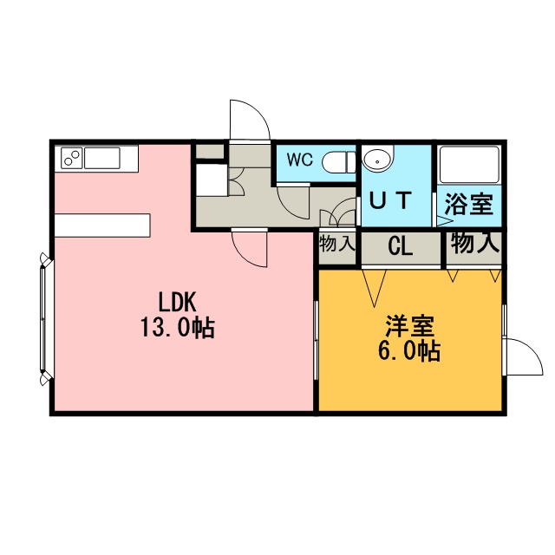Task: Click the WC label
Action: click(x=300, y=160)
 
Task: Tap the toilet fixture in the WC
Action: click(x=339, y=162)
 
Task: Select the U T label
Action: click(x=391, y=200)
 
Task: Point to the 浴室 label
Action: click(x=468, y=205)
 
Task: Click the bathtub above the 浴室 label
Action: click(x=468, y=164)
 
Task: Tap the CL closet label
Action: click(x=401, y=245)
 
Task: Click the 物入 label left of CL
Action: click(x=337, y=245)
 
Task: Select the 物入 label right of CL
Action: click(x=475, y=243)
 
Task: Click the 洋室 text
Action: click(x=410, y=326)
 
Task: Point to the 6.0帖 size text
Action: click(x=409, y=351)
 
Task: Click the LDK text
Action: click(x=177, y=302)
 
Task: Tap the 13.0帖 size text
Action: click(x=178, y=328)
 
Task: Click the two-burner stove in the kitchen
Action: click(x=72, y=158)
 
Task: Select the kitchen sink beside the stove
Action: click(x=102, y=158)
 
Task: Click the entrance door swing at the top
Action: click(x=250, y=121)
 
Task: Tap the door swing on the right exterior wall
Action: click(x=524, y=356)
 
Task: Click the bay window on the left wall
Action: click(x=45, y=318)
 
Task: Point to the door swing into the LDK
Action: click(x=249, y=248)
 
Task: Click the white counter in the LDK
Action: click(x=102, y=225)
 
